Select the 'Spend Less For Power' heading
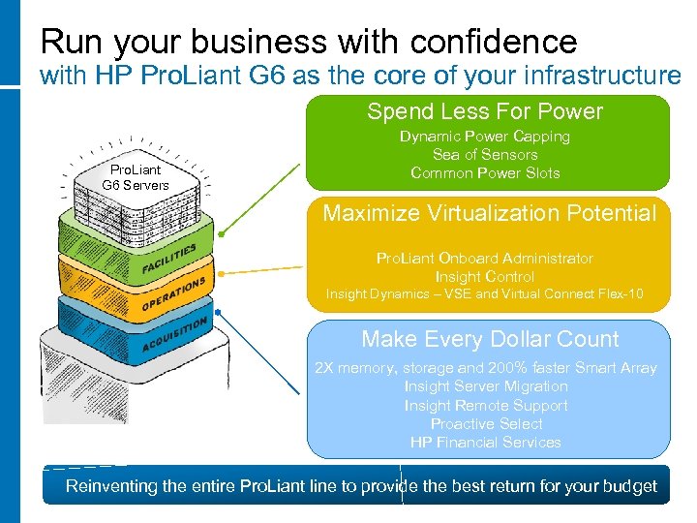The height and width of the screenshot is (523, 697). point(485,111)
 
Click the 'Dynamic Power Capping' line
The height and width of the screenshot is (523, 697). point(485,137)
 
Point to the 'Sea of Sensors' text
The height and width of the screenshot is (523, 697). point(485,155)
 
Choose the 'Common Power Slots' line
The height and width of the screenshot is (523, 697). point(485,173)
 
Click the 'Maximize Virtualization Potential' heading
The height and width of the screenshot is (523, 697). point(489,213)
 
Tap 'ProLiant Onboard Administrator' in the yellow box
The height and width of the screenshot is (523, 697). point(485,259)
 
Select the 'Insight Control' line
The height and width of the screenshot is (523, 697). point(485,277)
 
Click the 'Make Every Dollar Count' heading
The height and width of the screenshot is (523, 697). point(490,339)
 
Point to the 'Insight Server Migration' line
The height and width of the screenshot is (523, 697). point(486,386)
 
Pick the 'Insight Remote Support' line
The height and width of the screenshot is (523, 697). point(486,405)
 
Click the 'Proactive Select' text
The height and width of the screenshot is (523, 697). point(486,423)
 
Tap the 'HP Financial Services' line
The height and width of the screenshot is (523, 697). point(486,442)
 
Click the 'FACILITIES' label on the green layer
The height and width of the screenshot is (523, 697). point(168,260)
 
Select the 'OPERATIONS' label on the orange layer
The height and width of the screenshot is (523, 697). point(173,293)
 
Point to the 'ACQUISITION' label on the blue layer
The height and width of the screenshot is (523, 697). point(174,335)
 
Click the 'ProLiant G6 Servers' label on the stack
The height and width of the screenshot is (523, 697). point(136,177)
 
